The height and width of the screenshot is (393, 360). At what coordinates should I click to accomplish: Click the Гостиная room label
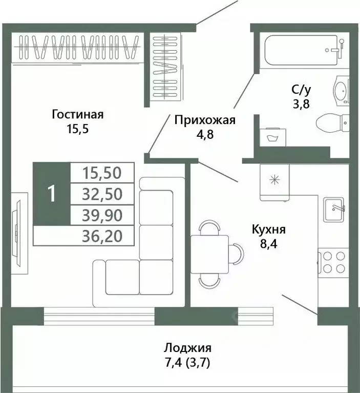click(78, 114)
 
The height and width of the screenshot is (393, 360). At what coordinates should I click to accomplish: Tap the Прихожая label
click(204, 120)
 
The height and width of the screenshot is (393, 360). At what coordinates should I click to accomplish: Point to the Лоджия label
click(187, 348)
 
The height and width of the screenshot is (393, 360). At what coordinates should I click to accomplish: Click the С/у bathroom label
click(301, 89)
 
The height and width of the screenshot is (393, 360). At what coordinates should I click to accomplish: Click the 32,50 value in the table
click(102, 195)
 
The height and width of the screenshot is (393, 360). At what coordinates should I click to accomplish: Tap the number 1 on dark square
click(51, 194)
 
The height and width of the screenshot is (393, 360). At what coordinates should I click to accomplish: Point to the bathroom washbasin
click(341, 91)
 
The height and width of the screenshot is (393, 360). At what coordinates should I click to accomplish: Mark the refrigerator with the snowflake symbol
click(276, 181)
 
